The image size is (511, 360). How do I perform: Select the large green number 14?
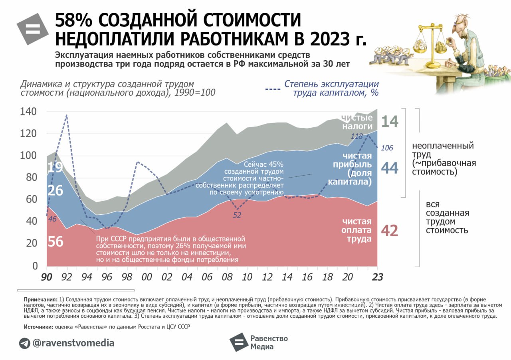(390, 121)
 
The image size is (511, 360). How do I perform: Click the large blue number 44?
(390, 168)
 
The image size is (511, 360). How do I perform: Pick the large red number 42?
(390, 231)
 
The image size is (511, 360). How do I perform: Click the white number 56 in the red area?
(55, 241)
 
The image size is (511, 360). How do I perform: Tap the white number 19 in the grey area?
(55, 168)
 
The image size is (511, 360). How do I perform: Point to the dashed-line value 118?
(357, 136)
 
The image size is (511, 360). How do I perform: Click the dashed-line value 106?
(387, 148)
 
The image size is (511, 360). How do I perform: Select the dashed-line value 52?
(237, 215)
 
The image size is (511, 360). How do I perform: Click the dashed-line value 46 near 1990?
(52, 219)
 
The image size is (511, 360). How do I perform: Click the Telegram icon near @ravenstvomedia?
(24, 343)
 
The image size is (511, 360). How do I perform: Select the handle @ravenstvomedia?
(73, 343)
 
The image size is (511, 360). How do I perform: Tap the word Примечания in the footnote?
(41, 299)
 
